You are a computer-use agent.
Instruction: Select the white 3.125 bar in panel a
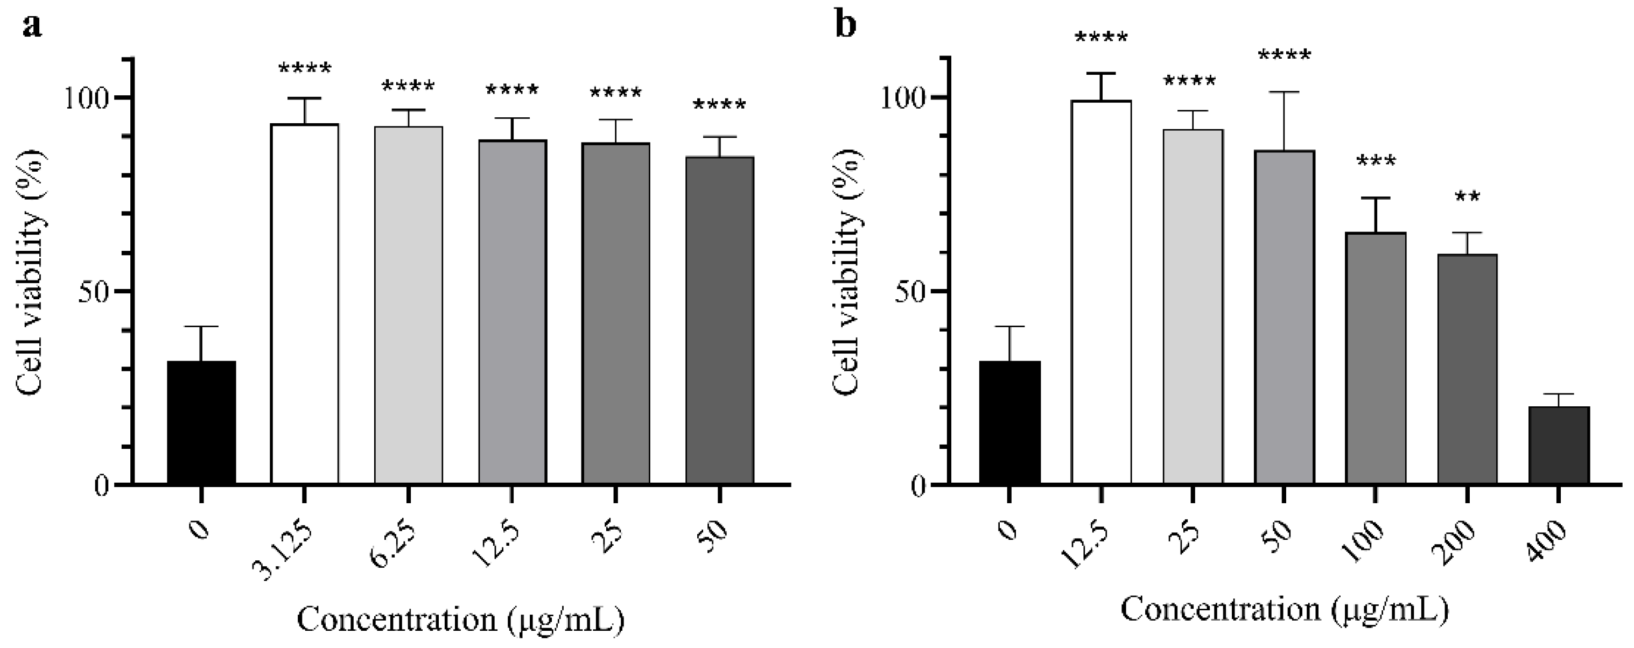coord(305,304)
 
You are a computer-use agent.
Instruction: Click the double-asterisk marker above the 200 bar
coord(1467,198)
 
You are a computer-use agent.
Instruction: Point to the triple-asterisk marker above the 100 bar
coord(1376,163)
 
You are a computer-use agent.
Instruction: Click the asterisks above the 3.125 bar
coord(305,68)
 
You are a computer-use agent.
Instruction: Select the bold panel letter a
coord(31,25)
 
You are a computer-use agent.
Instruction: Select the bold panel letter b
coord(846,25)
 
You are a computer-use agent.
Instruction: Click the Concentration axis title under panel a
coord(460,619)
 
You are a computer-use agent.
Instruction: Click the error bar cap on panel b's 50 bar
coord(1283,93)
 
